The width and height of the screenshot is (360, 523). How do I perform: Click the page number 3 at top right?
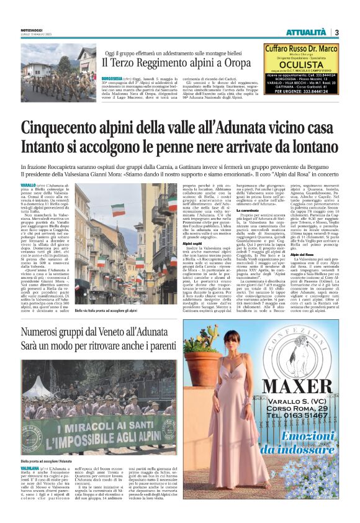(x=336, y=32)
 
